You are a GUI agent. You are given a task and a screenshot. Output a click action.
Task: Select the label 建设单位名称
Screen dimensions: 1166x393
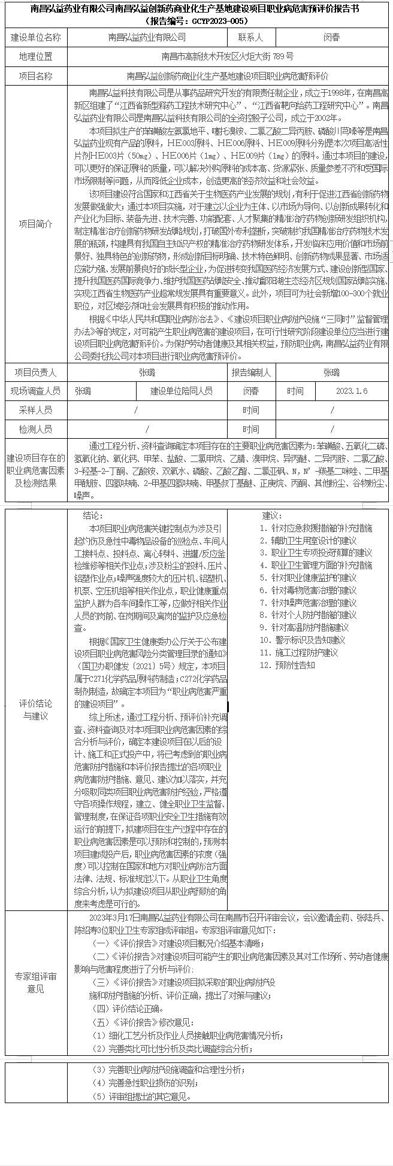tap(36, 37)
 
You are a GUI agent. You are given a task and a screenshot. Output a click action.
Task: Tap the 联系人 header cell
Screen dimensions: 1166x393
tap(250, 37)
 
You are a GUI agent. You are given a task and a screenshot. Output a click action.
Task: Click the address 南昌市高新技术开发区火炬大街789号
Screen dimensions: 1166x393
tap(228, 57)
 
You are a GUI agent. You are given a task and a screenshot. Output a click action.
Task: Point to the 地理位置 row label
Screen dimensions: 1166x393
tap(36, 57)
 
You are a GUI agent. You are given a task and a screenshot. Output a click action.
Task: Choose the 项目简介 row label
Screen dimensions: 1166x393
tap(36, 224)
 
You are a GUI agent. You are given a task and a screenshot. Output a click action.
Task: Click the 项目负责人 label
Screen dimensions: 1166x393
tap(36, 372)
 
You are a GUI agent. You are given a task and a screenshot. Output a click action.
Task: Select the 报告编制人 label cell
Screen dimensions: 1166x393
tap(251, 372)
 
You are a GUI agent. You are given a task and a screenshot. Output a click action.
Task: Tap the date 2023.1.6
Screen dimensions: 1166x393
tap(352, 391)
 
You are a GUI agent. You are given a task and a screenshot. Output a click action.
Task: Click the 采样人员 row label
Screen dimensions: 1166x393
tap(36, 410)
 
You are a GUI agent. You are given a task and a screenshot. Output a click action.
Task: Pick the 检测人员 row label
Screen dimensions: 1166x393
tap(36, 429)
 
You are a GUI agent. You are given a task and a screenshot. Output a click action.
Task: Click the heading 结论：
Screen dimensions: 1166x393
tap(93, 515)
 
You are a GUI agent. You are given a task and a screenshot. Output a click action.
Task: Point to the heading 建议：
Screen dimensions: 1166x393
tap(271, 515)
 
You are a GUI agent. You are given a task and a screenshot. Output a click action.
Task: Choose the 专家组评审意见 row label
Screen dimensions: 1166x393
tap(36, 982)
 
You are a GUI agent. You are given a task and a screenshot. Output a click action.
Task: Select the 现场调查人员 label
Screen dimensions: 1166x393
tap(36, 391)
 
